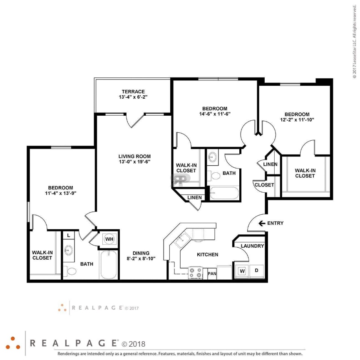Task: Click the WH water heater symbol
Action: (109, 239)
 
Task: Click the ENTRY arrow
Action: (262, 223)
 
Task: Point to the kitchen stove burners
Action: (196, 273)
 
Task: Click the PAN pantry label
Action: (211, 273)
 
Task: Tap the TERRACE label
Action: (133, 92)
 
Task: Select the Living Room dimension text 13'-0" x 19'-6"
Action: (134, 162)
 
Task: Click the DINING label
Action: (141, 253)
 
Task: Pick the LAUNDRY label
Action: (252, 246)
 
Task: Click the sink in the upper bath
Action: (213, 158)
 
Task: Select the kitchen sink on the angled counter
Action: (182, 241)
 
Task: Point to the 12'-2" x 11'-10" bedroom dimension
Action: (297, 119)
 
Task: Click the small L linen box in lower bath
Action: (68, 236)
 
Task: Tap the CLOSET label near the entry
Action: (264, 185)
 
